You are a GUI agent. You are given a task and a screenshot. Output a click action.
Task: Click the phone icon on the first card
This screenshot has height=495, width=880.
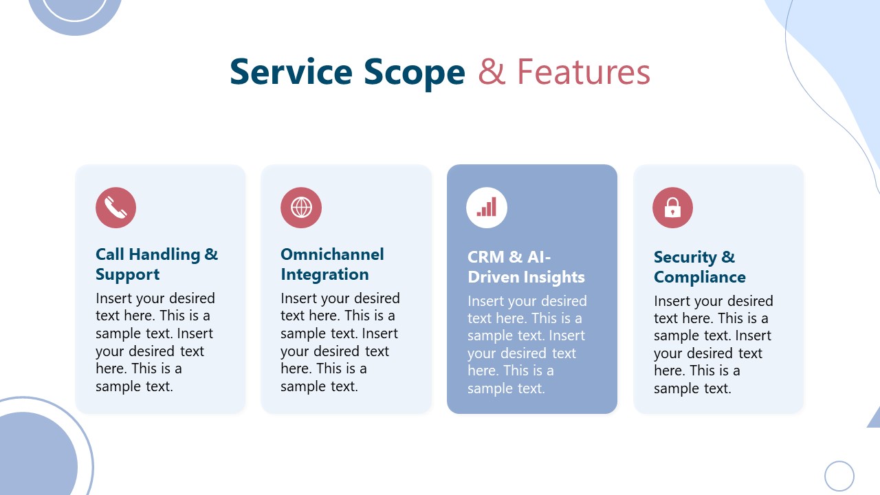coord(115,208)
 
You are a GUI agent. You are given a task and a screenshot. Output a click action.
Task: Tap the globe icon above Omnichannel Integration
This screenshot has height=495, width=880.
coord(301,208)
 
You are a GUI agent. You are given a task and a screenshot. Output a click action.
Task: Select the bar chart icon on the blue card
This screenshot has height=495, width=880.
coord(487,208)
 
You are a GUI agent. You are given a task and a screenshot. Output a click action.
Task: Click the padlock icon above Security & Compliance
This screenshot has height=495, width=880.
coord(672,208)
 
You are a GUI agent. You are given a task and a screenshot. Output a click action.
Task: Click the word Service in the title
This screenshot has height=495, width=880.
coord(289,72)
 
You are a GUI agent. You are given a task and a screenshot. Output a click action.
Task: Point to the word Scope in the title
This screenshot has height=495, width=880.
coord(414,72)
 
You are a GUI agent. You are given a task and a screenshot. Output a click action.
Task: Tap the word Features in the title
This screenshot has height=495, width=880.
coord(583,72)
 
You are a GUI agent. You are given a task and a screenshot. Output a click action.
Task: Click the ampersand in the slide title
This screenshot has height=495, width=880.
coord(492,72)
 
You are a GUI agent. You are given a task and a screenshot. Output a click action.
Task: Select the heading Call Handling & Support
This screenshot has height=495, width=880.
coord(156,264)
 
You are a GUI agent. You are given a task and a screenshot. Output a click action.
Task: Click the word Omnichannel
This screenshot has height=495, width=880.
coord(332,254)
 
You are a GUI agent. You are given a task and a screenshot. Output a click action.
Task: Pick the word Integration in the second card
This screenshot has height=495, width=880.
coord(324,274)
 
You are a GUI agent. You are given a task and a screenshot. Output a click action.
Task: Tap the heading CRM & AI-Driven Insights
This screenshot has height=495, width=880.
coord(526,267)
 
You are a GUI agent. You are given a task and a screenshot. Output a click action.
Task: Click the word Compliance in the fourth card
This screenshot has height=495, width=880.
coord(699,277)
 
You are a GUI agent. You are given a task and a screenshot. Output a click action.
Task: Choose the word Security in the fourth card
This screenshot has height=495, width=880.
coord(685,257)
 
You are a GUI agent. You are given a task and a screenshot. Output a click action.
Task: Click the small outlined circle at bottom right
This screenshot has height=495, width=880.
coord(839,476)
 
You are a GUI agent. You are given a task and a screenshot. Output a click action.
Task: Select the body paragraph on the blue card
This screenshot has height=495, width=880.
coord(527,344)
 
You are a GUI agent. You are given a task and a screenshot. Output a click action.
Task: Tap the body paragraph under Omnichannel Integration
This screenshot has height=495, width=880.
coord(340,342)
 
